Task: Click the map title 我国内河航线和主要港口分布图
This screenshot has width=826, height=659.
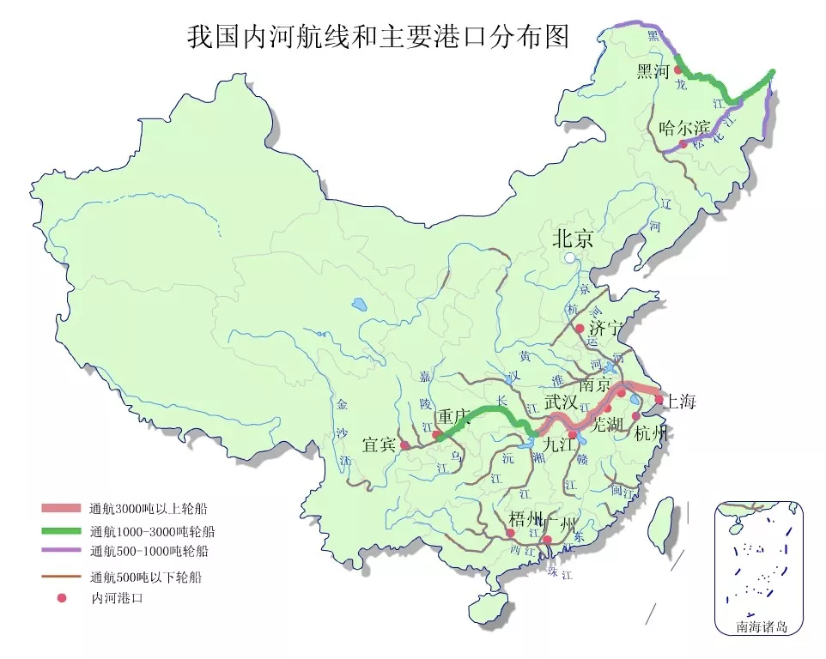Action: click(x=379, y=39)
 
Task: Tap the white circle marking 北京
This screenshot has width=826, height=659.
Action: click(x=569, y=257)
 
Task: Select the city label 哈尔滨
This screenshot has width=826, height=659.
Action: click(x=684, y=128)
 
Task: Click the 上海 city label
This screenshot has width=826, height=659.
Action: click(x=681, y=401)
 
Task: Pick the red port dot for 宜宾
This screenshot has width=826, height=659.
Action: click(x=404, y=445)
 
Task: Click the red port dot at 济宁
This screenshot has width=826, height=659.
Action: click(x=580, y=329)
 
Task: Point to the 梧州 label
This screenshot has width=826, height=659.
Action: click(x=525, y=518)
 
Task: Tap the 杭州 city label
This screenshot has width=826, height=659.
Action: click(x=651, y=433)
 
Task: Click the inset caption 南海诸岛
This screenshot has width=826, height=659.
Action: click(x=761, y=626)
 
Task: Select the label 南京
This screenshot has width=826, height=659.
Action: click(x=597, y=384)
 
